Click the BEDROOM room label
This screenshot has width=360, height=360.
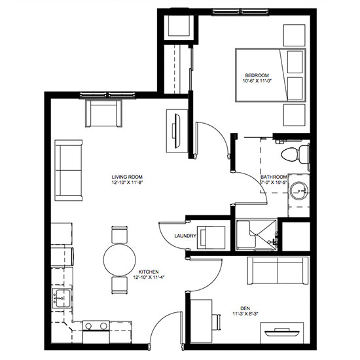(257, 75)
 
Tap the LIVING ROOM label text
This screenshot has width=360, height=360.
(127, 177)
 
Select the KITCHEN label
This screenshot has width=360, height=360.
(149, 272)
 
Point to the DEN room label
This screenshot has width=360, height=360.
(245, 308)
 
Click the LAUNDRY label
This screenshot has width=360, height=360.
(185, 236)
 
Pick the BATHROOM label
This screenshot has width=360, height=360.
(274, 177)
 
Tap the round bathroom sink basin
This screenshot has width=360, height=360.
(298, 190)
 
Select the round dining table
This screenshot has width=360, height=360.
(119, 260)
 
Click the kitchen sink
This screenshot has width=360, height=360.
(61, 298)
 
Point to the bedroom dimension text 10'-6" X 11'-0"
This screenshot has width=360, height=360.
(257, 81)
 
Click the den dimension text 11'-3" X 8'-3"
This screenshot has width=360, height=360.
(245, 314)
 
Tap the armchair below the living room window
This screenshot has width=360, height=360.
(103, 113)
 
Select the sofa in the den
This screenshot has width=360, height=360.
(278, 271)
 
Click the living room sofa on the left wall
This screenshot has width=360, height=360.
(69, 170)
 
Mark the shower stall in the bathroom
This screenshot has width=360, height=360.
(257, 235)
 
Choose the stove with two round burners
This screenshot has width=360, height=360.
(96, 332)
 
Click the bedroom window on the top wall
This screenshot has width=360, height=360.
(240, 12)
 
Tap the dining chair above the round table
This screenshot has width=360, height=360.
(119, 234)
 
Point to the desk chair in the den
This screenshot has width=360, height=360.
(217, 321)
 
